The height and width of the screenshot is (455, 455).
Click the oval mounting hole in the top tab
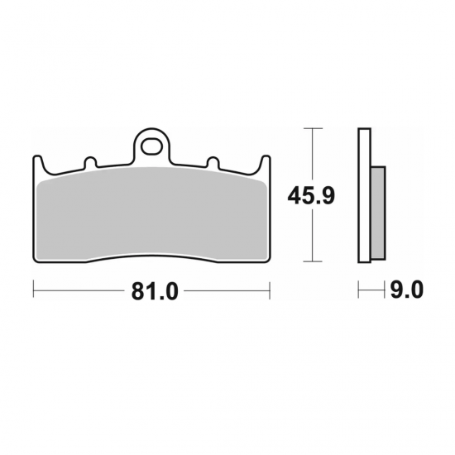pos(152,147)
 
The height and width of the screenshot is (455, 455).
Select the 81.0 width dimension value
pos(152,291)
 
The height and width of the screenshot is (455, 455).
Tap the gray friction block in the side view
pos(376,212)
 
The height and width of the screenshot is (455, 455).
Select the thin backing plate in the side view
pos(362,196)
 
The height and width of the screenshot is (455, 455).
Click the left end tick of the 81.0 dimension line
pos(33,290)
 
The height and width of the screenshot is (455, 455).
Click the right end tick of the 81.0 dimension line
pos(271,290)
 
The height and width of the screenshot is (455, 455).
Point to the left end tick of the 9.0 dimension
pos(358,290)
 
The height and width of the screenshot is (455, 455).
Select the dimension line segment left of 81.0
pos(79,290)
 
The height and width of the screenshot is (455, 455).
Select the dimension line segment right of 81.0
pos(227,290)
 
